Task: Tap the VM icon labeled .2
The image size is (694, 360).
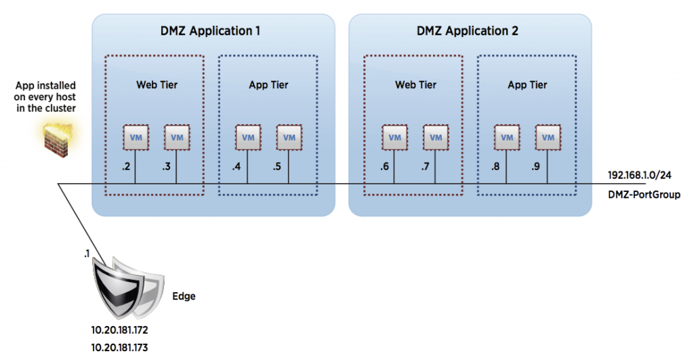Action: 136,138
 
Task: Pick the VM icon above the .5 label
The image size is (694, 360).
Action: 289,138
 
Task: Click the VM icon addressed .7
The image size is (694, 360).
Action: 435,138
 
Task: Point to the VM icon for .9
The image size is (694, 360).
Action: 548,138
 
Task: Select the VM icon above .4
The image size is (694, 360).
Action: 248,138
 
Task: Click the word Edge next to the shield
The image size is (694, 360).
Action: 183,296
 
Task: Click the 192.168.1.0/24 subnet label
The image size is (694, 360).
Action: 640,174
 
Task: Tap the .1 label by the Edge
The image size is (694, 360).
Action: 86,253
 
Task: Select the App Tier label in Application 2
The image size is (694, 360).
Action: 527,85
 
